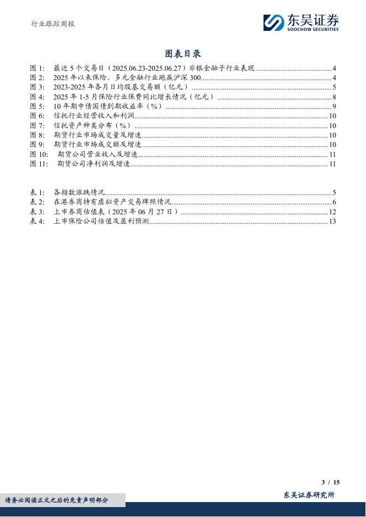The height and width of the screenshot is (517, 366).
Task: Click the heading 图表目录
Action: tap(183, 54)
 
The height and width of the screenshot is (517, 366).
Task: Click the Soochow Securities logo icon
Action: tap(273, 23)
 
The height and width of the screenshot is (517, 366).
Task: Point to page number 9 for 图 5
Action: tap(334, 107)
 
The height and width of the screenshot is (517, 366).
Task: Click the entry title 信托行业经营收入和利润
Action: tap(94, 116)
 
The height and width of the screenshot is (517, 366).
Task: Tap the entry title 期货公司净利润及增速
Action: tap(93, 163)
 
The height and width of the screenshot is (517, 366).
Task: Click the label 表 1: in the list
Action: tap(37, 193)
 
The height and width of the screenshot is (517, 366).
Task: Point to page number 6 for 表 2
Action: tap(334, 202)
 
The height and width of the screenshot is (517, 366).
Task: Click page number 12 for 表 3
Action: tap(333, 212)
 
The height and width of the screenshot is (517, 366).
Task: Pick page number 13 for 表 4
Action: tap(333, 221)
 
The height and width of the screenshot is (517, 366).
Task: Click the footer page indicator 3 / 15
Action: tap(331, 482)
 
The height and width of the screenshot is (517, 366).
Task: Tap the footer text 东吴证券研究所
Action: tap(309, 495)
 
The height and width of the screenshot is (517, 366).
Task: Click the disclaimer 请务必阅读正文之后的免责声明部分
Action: tap(57, 500)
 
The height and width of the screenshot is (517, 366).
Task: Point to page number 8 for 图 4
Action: tap(334, 97)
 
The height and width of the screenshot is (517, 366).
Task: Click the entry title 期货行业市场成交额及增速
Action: tap(97, 145)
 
